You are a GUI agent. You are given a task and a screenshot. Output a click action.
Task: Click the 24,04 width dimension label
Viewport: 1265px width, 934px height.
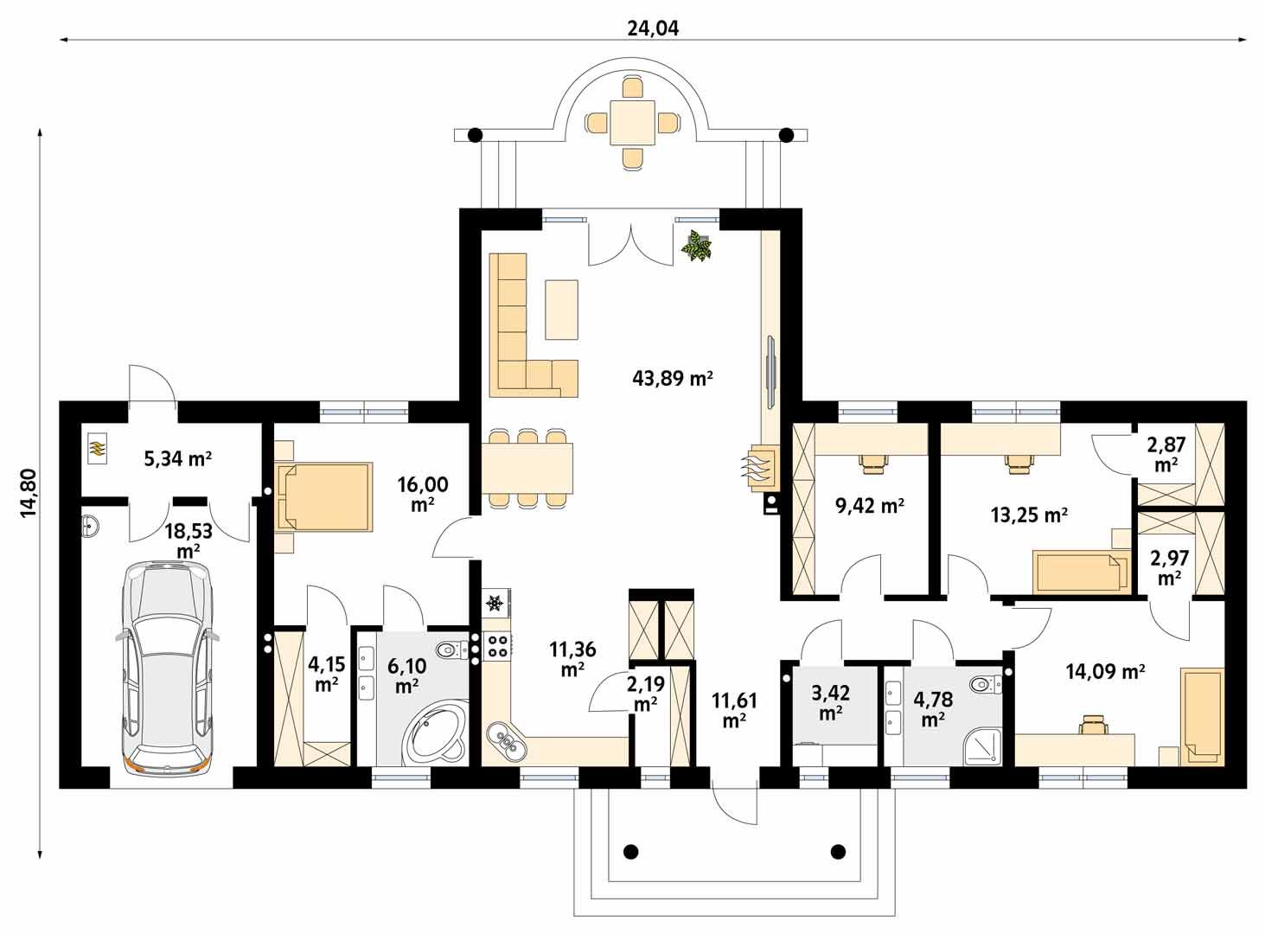click(x=653, y=28)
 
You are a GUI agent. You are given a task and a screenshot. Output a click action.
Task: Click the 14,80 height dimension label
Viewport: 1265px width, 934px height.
click(x=29, y=492)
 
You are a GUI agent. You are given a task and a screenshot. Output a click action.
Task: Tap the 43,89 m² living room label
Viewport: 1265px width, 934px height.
click(x=673, y=378)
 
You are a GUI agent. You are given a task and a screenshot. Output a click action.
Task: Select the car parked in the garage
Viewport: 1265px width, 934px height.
click(x=165, y=666)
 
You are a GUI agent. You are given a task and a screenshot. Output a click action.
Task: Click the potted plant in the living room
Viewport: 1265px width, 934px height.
click(x=696, y=246)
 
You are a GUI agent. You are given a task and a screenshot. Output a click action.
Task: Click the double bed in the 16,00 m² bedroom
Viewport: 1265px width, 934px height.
click(x=324, y=496)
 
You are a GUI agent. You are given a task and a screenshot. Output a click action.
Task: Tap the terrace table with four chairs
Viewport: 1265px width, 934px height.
click(x=633, y=123)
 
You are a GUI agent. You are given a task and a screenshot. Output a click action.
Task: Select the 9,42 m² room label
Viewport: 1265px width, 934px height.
click(x=869, y=506)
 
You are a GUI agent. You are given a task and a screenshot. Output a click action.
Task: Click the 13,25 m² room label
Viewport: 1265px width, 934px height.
click(x=1028, y=515)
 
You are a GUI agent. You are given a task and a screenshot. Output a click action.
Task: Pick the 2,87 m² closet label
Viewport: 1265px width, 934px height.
click(x=1166, y=454)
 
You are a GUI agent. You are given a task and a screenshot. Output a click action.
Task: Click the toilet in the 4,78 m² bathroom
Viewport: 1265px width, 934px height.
click(x=983, y=685)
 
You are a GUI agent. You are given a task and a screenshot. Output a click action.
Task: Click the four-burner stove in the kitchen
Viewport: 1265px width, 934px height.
click(x=499, y=644)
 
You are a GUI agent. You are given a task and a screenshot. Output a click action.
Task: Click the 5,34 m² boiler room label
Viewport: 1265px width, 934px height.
click(x=177, y=458)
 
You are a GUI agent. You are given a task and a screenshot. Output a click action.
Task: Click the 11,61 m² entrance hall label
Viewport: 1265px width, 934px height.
click(x=734, y=709)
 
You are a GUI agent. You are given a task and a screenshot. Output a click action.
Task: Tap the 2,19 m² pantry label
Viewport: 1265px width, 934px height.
click(x=647, y=693)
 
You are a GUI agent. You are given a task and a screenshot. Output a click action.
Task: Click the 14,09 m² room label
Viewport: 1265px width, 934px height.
click(x=1105, y=671)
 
